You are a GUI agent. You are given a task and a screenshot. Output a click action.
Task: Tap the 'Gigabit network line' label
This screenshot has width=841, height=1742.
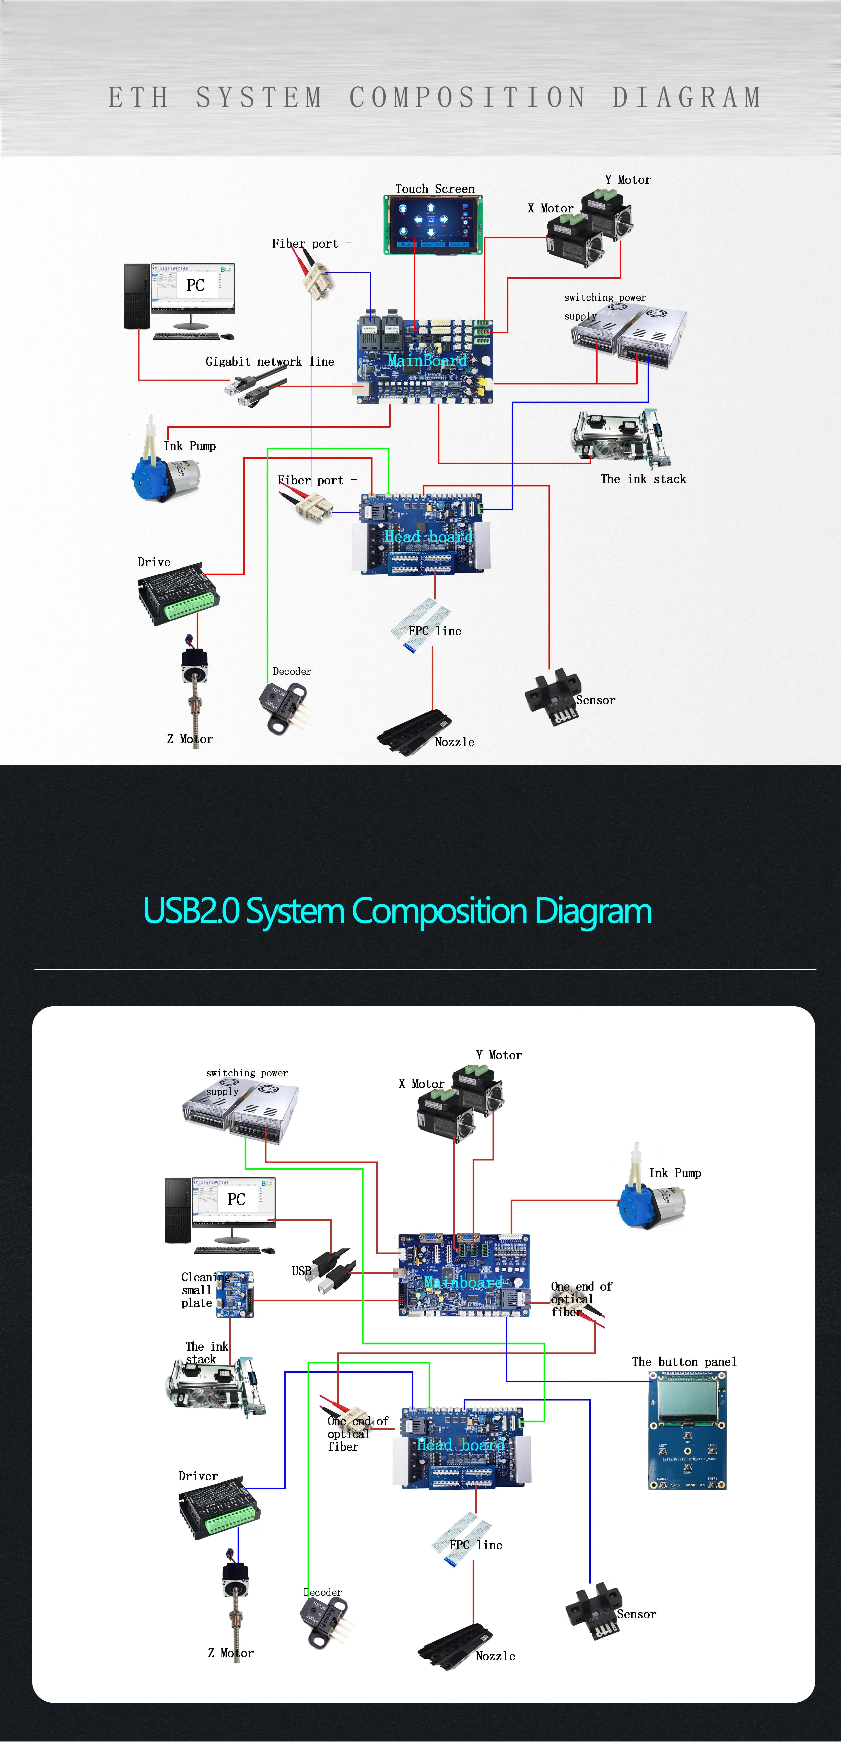(270, 362)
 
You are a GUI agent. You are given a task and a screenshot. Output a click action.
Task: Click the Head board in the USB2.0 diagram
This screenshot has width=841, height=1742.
(462, 1447)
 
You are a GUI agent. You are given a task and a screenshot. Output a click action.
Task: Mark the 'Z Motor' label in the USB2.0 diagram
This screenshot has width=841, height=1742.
(230, 1653)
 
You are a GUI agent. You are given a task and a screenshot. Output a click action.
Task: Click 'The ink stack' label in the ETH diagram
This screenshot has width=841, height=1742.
(643, 479)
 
